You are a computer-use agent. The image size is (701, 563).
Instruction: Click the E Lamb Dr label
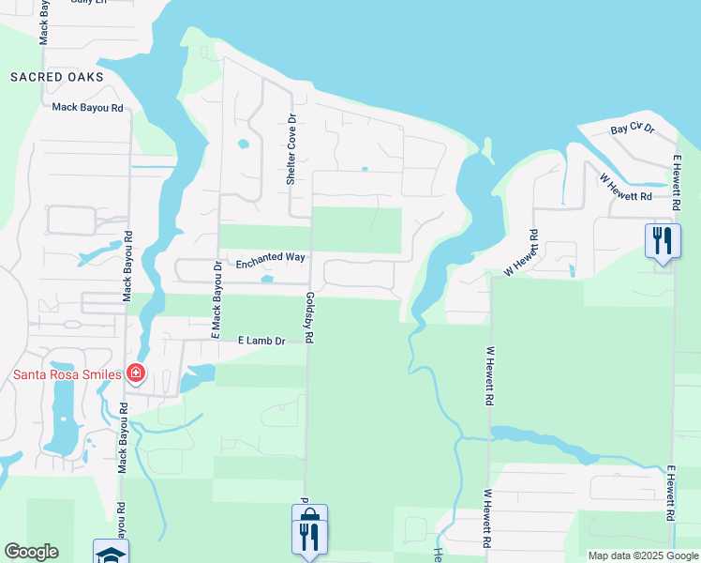pyautogui.click(x=261, y=341)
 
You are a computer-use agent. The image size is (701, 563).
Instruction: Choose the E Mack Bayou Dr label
pyautogui.click(x=216, y=299)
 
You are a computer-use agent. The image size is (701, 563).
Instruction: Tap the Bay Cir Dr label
pyautogui.click(x=632, y=129)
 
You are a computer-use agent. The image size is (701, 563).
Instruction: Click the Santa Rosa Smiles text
pyautogui.click(x=67, y=374)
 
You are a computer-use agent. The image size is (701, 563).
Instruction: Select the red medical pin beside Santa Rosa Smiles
pyautogui.click(x=136, y=373)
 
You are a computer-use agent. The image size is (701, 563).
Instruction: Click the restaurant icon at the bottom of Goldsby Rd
pyautogui.click(x=309, y=536)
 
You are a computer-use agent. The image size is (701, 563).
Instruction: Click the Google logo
pyautogui.click(x=31, y=552)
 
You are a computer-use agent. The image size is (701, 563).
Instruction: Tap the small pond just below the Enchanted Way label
pyautogui.click(x=268, y=279)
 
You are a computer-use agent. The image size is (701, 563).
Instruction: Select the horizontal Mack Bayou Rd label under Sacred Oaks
pyautogui.click(x=88, y=108)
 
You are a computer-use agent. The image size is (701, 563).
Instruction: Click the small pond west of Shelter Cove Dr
pyautogui.click(x=244, y=145)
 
